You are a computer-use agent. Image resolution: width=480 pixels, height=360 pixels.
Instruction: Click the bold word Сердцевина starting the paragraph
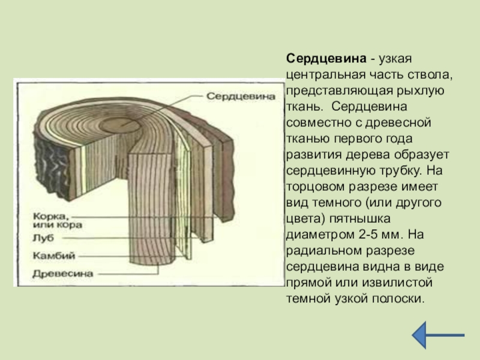click(x=326, y=60)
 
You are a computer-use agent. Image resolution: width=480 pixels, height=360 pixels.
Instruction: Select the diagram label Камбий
click(x=54, y=255)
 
